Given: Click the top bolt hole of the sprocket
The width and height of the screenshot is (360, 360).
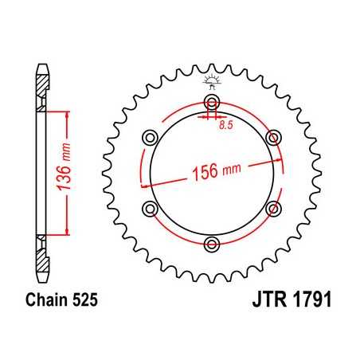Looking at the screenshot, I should [x=211, y=101].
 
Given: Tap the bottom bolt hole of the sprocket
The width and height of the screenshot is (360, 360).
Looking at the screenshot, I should [x=211, y=243].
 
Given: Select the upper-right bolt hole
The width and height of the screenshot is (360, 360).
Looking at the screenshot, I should [x=273, y=137].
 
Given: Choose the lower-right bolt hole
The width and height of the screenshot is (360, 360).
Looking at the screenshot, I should [x=273, y=208].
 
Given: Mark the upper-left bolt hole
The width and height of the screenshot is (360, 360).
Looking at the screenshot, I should [x=150, y=137].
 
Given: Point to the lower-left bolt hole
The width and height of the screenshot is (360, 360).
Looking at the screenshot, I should [x=150, y=208].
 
